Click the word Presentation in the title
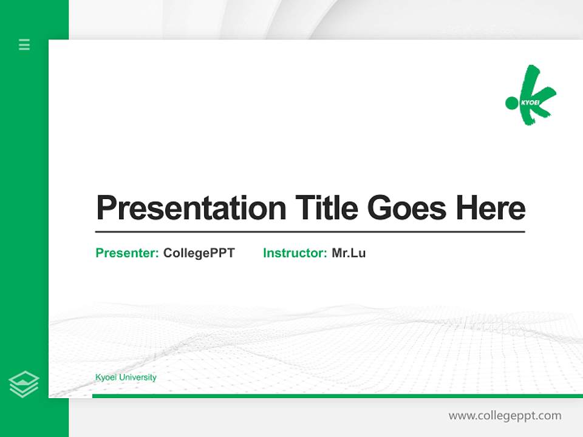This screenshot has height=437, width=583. (x=191, y=208)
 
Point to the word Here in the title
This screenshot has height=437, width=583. (x=490, y=208)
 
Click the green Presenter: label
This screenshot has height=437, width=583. (x=128, y=253)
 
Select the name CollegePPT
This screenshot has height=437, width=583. (x=199, y=253)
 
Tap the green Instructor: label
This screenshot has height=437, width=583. (x=295, y=253)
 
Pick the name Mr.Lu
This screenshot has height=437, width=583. (x=349, y=253)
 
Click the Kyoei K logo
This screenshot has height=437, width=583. (x=532, y=96)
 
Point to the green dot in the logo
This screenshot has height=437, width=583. (x=512, y=102)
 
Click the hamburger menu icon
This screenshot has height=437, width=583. (x=24, y=44)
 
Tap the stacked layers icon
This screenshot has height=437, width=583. (x=24, y=384)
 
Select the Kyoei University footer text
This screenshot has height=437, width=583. (x=126, y=378)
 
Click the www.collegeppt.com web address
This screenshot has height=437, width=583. (x=505, y=416)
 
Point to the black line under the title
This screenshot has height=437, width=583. (x=310, y=231)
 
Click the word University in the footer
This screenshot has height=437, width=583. (x=137, y=378)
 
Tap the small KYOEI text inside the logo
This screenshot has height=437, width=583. (x=530, y=103)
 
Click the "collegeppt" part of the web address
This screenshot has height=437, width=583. (x=507, y=416)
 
